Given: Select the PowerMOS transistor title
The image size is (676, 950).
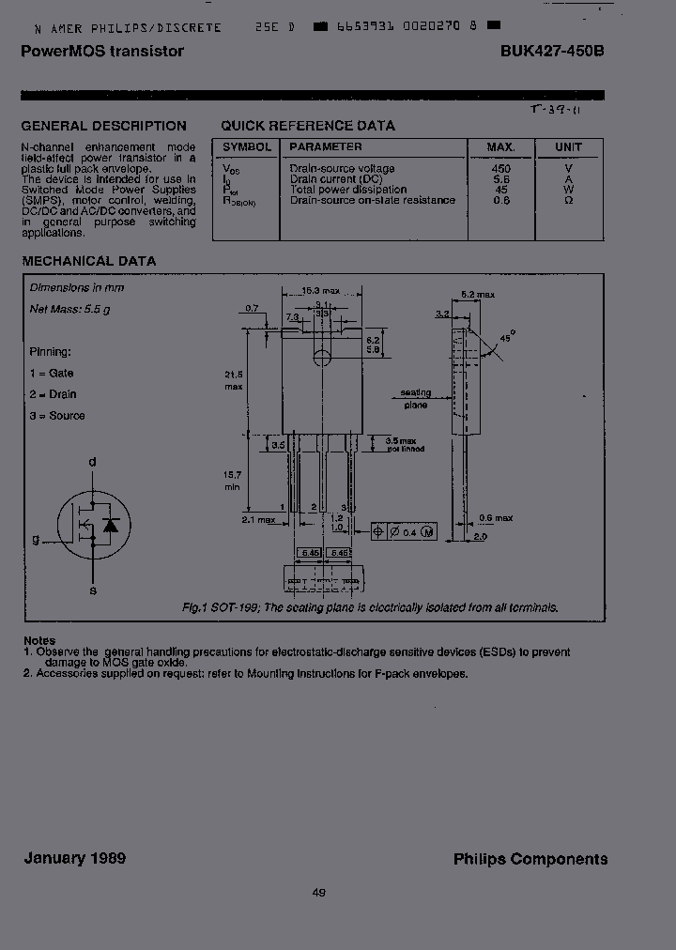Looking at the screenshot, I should (x=102, y=52).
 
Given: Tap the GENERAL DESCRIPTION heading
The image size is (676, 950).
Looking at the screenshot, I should (x=103, y=126).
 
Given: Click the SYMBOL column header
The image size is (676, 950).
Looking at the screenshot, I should (x=247, y=147).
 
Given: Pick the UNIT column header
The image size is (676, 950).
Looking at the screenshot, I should (x=568, y=147).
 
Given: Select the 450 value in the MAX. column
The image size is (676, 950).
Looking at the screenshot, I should (x=501, y=169).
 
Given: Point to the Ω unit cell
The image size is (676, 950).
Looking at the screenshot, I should (x=568, y=200).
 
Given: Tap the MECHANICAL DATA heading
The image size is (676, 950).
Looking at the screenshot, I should (x=88, y=261).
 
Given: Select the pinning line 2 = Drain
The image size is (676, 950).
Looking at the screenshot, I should (x=53, y=394).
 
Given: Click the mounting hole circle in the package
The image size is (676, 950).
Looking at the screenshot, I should (x=322, y=357).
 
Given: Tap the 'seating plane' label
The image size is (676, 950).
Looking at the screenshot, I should (x=416, y=399).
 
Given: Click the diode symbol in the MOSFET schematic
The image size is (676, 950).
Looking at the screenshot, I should (x=111, y=524).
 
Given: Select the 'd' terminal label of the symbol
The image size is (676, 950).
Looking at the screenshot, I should (x=92, y=462).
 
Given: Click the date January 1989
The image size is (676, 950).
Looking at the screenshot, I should (x=74, y=858).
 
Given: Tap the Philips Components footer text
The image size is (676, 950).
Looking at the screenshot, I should (x=530, y=859).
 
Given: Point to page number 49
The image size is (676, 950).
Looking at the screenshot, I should (x=318, y=893).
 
